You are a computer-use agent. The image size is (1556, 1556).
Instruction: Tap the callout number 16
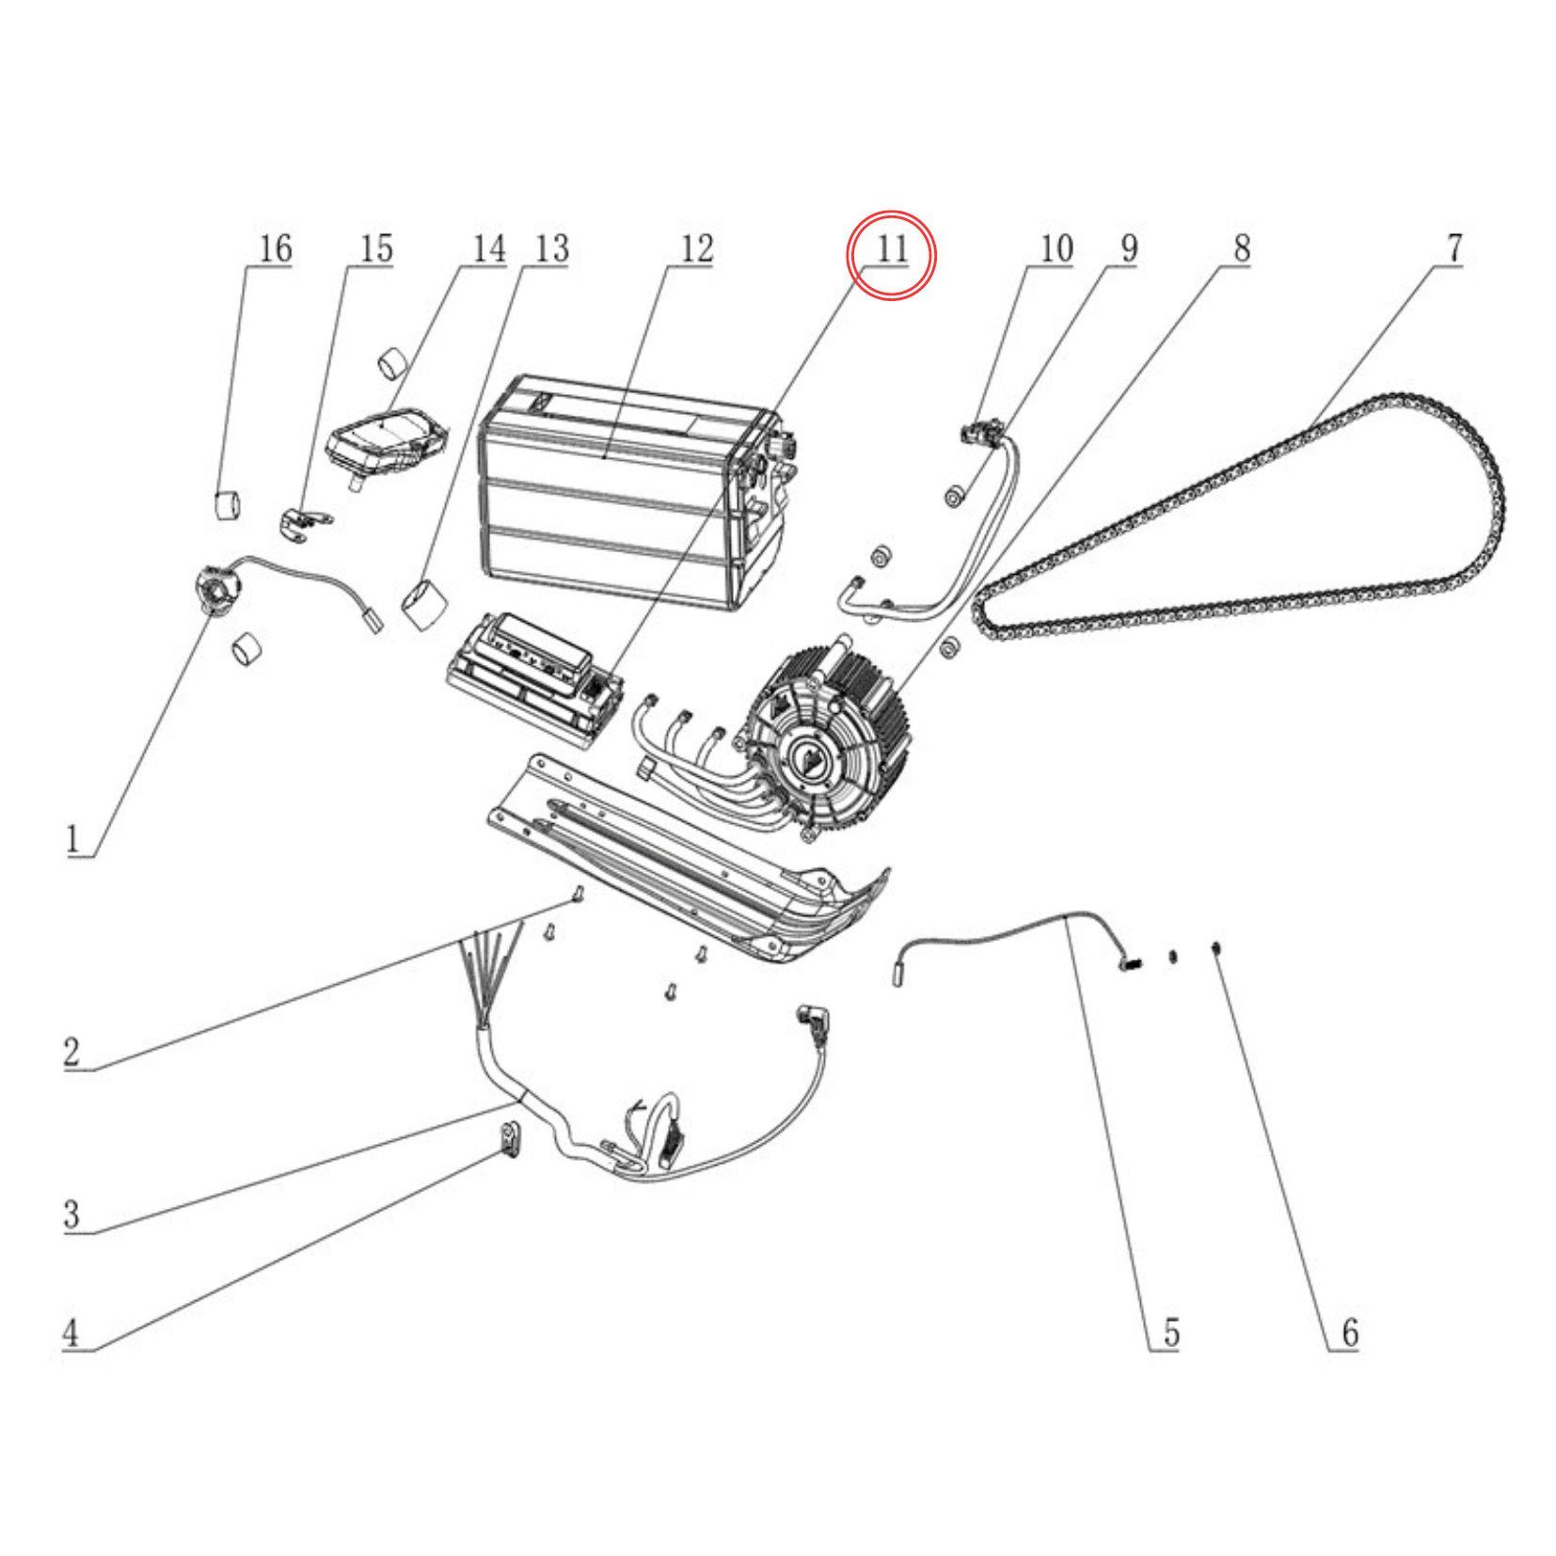pos(275,249)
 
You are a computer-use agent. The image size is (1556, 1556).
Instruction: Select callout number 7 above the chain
pos(1453,249)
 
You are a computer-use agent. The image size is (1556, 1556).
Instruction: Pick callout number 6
pos(1349,1333)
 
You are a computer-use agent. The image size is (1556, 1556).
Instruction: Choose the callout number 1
pos(72,838)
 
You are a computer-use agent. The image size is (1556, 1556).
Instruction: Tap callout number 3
pos(71,1215)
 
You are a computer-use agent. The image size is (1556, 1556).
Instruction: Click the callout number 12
pos(696,249)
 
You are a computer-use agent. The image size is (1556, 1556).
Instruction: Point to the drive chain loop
pos(1240,523)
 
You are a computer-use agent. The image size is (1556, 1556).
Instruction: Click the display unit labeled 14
pos(388,439)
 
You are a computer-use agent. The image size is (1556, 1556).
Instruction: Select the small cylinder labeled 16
pos(225,503)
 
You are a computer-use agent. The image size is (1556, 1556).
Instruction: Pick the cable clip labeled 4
pos(509,1142)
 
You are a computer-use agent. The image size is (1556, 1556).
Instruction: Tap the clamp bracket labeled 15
pos(304,522)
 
